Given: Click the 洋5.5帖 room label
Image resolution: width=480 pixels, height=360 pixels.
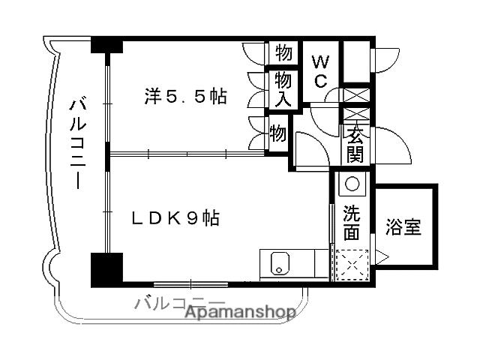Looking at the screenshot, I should tap(185, 97).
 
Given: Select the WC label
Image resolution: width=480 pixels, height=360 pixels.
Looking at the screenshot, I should tap(320, 70).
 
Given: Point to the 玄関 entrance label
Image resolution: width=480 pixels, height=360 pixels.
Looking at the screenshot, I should tap(355, 145).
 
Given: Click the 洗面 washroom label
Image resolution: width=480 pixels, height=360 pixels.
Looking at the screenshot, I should tap(352, 222).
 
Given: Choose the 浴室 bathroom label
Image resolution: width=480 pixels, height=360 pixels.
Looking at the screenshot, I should tap(403, 226).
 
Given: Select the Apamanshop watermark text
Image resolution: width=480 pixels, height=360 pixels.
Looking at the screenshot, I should tap(240, 313).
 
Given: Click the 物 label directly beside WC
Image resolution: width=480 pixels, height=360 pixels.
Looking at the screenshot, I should tap(283, 54).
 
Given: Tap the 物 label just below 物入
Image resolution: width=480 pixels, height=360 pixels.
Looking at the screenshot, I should tap(277, 135).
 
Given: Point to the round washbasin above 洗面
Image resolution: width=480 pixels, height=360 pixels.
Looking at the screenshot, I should tap(352, 184).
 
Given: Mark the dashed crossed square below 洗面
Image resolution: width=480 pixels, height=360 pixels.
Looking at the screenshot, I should tap(351, 264).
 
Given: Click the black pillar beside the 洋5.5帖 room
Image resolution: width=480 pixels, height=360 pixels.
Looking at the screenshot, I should tap(107, 44).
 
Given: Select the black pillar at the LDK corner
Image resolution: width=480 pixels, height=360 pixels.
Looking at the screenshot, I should tap(106, 269).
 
